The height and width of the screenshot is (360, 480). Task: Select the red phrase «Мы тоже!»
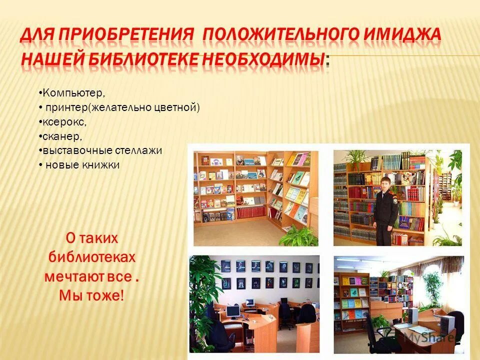[91, 295]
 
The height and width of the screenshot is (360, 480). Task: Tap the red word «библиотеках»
[91, 257]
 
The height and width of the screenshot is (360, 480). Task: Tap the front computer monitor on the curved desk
[232, 312]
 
